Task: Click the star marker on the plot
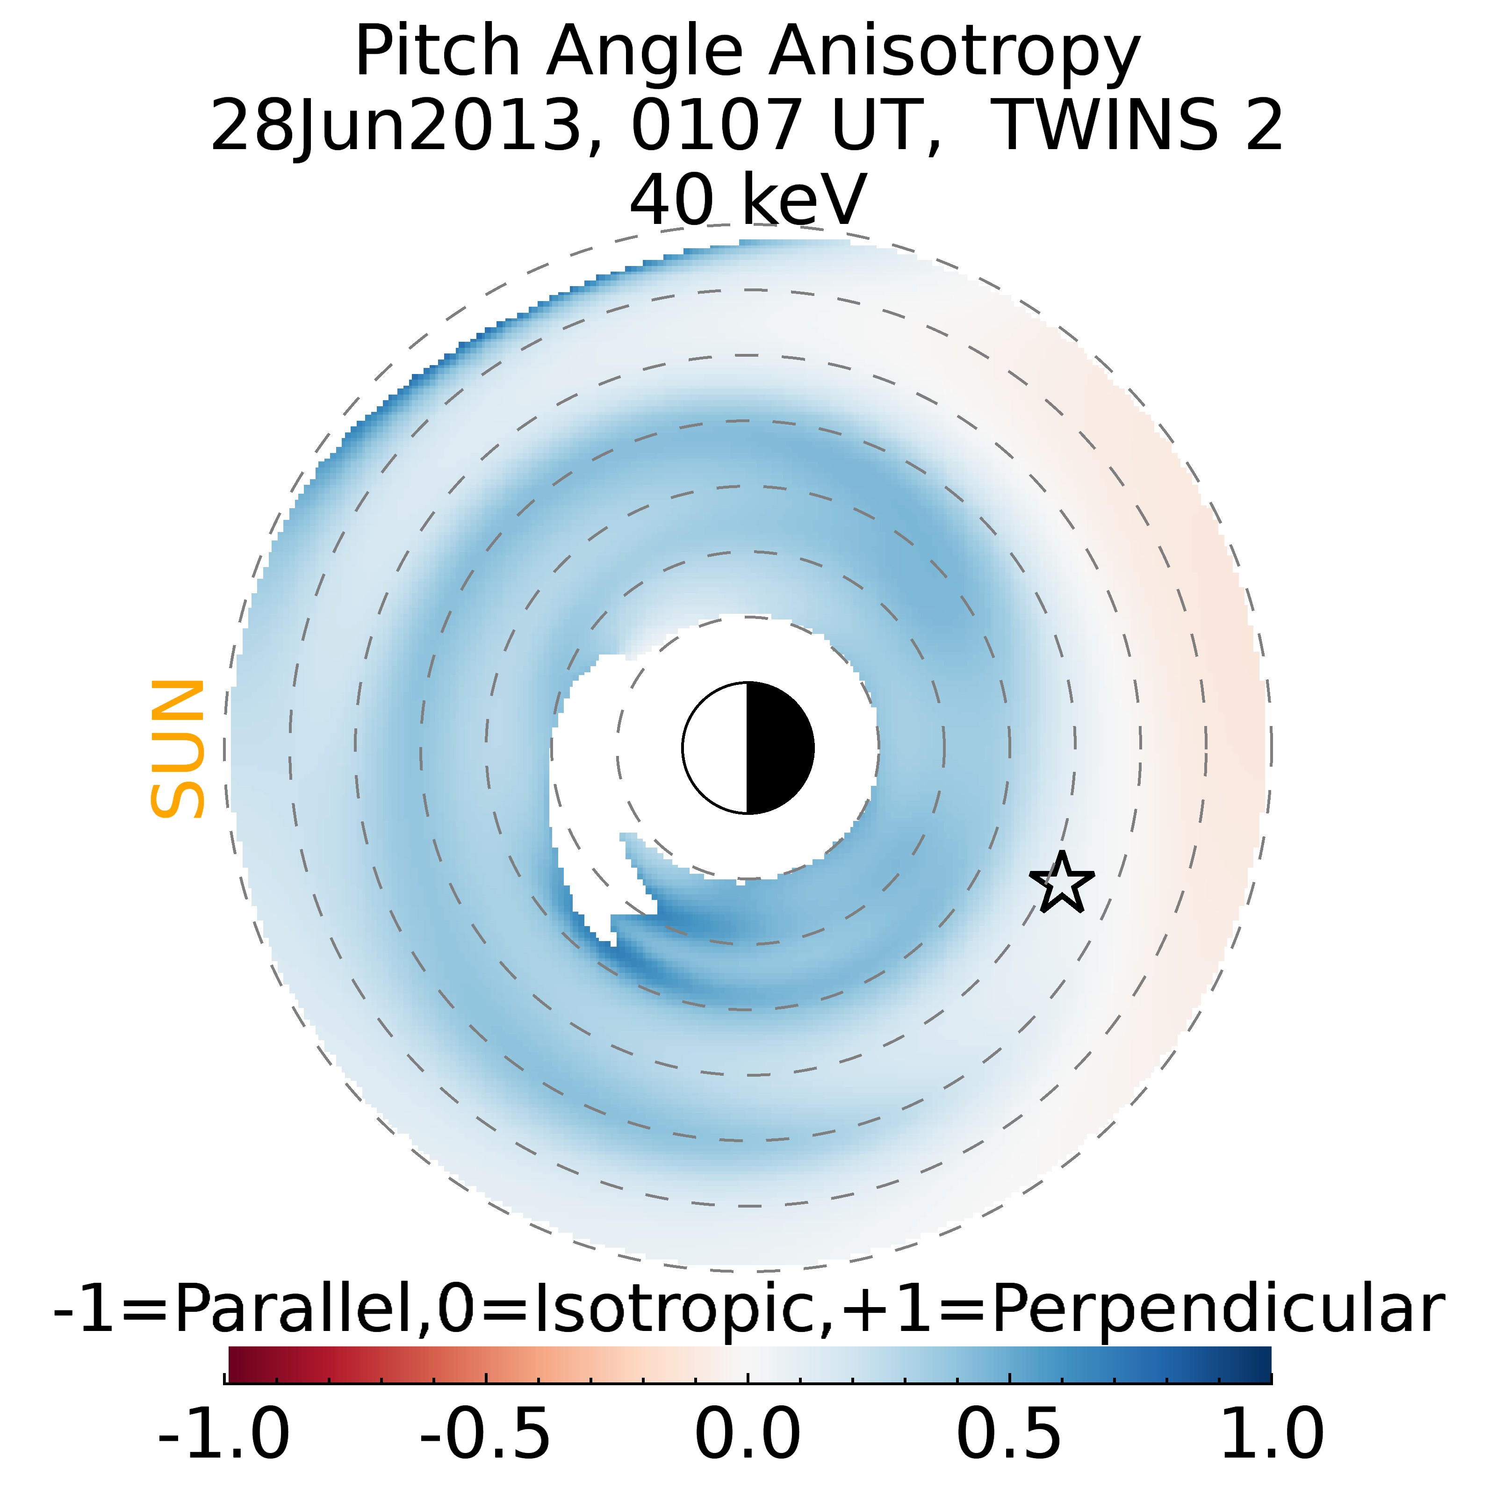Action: [1062, 883]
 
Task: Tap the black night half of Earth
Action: [779, 748]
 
